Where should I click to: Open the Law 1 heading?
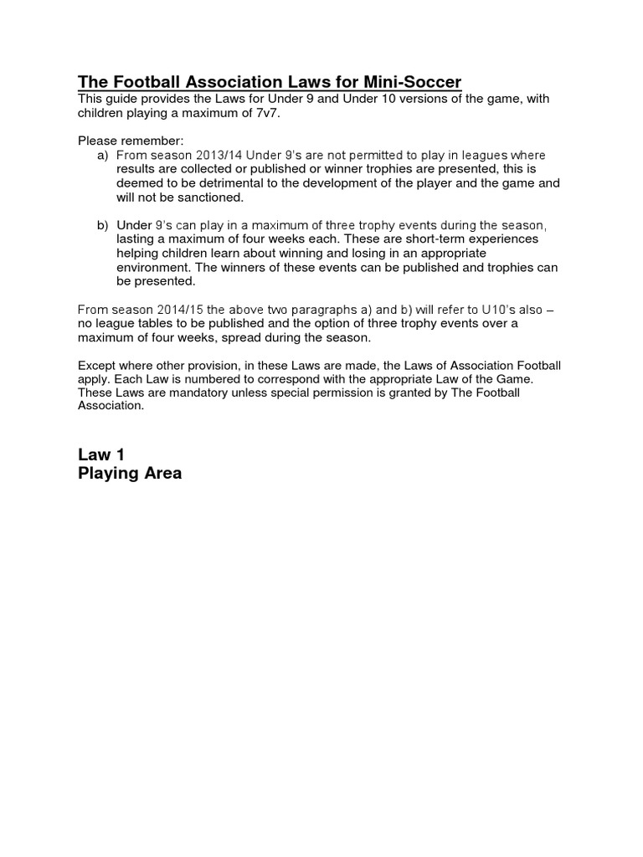click(101, 454)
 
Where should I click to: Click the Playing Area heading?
click(129, 474)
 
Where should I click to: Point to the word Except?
click(97, 366)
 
